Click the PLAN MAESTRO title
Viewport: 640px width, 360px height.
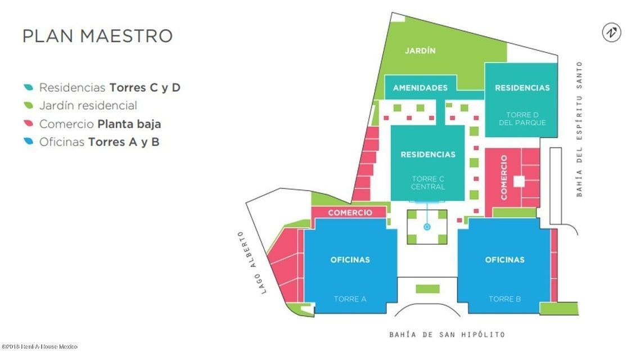coord(97,35)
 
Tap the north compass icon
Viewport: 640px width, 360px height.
coord(611,33)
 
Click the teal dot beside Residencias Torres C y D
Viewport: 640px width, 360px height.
coord(28,88)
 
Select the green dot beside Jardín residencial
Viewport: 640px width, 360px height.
coord(28,106)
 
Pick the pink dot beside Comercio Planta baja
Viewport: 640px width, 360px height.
coord(28,124)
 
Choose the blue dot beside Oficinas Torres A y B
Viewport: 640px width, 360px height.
coord(28,142)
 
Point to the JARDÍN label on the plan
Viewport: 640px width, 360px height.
coord(420,51)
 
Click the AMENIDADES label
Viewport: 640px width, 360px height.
coord(420,88)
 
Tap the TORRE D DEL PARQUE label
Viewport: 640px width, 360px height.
coord(522,119)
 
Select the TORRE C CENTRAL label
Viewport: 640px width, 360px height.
coord(428,183)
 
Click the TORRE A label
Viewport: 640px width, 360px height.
coord(350,299)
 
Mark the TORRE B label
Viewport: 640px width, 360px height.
coord(504,299)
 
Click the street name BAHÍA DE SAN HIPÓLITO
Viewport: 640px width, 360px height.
coord(447,335)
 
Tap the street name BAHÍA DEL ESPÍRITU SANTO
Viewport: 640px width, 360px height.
coord(579,129)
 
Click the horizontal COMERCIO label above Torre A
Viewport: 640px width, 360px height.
coord(350,213)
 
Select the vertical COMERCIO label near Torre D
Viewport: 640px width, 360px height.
coord(504,177)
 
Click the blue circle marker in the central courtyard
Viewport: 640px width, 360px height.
coord(427,227)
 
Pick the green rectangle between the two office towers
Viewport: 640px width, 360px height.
coord(427,289)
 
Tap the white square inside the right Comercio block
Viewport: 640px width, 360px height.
coord(519,181)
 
